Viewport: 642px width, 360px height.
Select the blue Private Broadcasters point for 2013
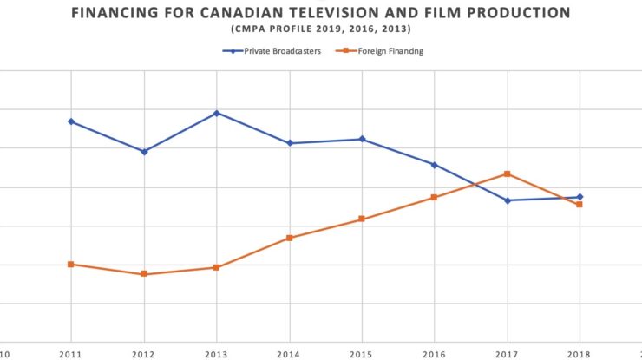217,113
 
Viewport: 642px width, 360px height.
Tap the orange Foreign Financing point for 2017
508,174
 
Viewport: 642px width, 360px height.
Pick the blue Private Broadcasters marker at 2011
71,121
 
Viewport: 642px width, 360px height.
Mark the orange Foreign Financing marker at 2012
144,274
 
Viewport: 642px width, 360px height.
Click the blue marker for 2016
435,165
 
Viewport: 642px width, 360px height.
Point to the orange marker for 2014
290,238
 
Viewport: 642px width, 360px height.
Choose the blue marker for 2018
580,197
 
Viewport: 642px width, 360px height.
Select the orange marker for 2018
580,205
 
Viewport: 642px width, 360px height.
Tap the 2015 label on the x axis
362,354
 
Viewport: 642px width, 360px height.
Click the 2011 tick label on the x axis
71,354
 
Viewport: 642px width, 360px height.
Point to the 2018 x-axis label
580,354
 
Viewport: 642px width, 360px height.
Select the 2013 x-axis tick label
217,354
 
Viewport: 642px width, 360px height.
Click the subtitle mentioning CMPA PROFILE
321,29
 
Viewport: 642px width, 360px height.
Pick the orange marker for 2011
71,264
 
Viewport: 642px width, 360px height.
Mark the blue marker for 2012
144,152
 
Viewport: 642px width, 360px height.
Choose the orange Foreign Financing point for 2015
362,219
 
